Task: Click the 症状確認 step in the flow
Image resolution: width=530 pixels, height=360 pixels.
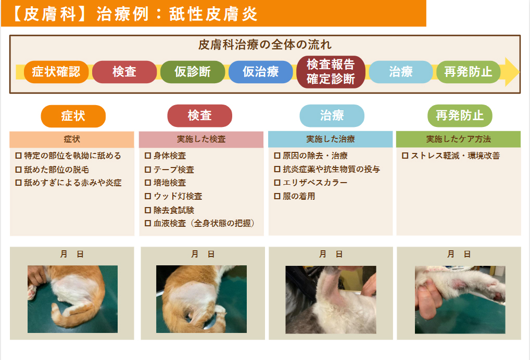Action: pyautogui.click(x=56, y=72)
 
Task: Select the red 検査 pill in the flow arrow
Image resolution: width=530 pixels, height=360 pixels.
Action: pyautogui.click(x=124, y=72)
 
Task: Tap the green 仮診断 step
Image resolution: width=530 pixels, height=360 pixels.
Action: pyautogui.click(x=193, y=72)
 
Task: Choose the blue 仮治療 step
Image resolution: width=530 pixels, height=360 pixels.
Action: pyautogui.click(x=261, y=72)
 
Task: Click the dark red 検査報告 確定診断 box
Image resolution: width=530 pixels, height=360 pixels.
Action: pyautogui.click(x=331, y=72)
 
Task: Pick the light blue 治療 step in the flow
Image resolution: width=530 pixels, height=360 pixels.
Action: pyautogui.click(x=401, y=72)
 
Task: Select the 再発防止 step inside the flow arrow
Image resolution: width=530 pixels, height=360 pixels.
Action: pyautogui.click(x=468, y=72)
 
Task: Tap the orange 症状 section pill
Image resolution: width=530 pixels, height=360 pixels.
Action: pyautogui.click(x=73, y=116)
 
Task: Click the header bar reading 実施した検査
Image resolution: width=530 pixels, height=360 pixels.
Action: pyautogui.click(x=201, y=139)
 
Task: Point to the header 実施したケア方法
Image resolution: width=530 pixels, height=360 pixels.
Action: pyautogui.click(x=458, y=139)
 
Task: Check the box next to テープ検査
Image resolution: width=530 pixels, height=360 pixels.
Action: pyautogui.click(x=148, y=170)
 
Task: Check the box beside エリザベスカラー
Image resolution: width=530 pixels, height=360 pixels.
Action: pyautogui.click(x=277, y=183)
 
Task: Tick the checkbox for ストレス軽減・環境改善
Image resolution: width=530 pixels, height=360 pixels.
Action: pyautogui.click(x=405, y=156)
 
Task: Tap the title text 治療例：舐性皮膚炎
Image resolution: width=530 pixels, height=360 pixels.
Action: pyautogui.click(x=177, y=14)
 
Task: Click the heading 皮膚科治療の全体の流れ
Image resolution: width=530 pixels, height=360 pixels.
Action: pyautogui.click(x=265, y=45)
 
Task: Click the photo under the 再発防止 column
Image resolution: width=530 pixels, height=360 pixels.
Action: pyautogui.click(x=460, y=299)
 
